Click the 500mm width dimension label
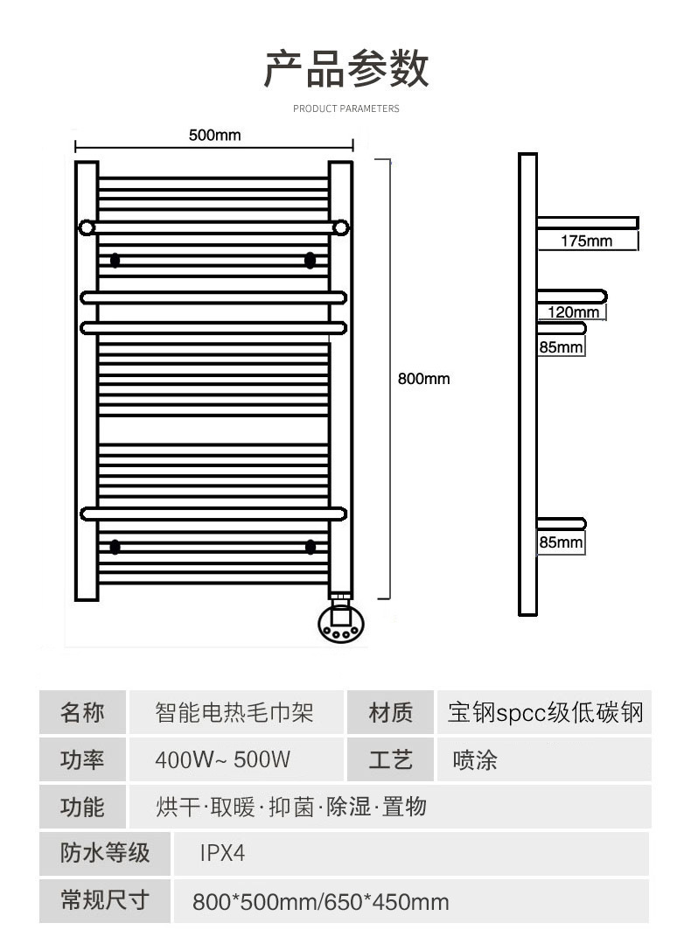click(214, 135)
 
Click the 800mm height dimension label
click(423, 379)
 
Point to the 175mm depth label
click(586, 241)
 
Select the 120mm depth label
click(574, 312)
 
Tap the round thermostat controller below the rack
click(342, 622)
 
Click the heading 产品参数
click(346, 68)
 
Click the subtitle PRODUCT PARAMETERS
click(346, 108)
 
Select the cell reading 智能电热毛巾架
click(234, 712)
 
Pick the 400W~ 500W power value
click(222, 759)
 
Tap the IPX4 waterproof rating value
click(222, 853)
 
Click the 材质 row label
click(390, 712)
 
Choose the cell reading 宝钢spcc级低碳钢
click(545, 712)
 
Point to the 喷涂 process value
click(475, 759)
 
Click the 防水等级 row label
click(105, 853)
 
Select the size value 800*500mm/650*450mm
click(321, 902)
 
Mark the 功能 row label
click(82, 807)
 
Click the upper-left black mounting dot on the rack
click(115, 260)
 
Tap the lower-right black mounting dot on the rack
click(311, 547)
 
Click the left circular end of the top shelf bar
click(87, 228)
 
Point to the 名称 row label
click(82, 712)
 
